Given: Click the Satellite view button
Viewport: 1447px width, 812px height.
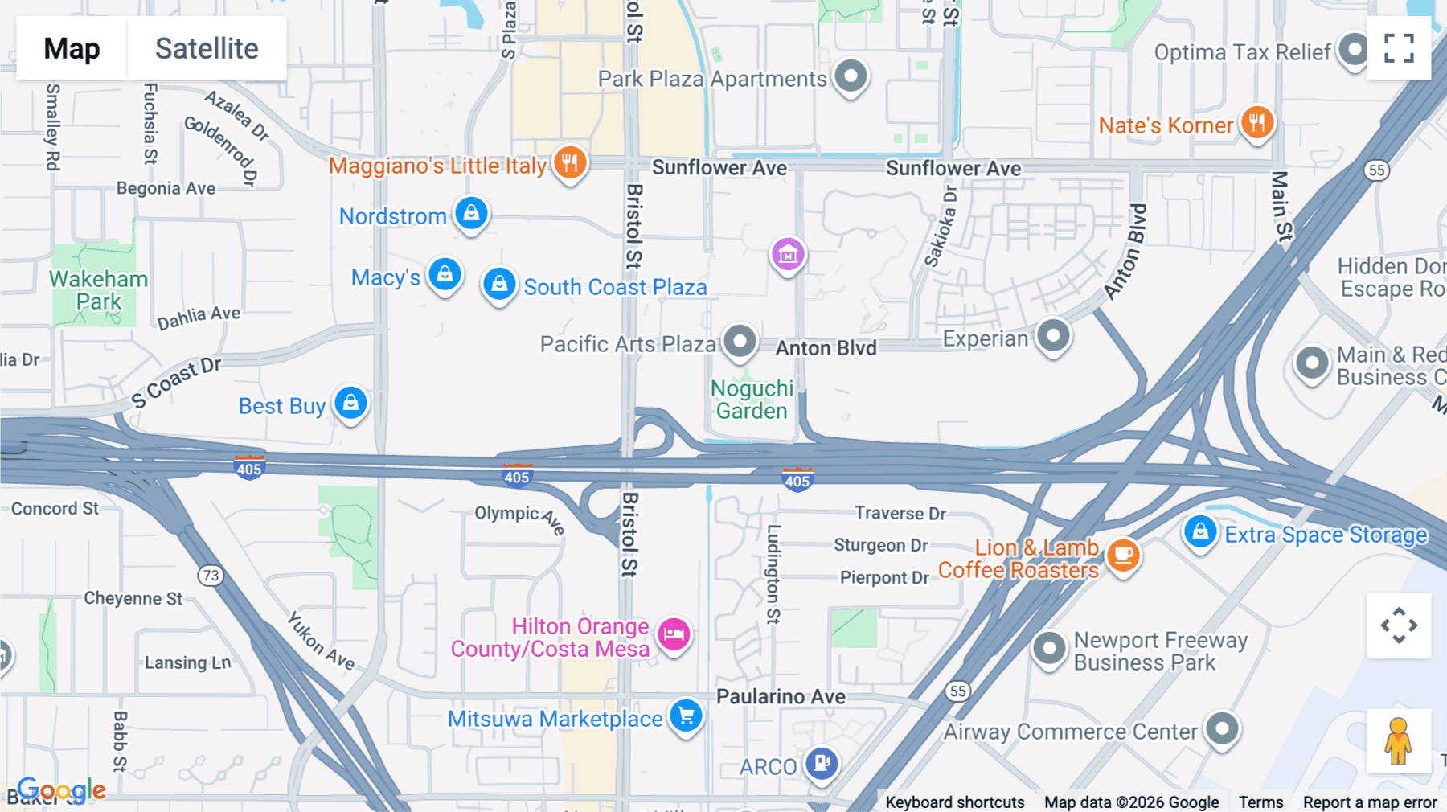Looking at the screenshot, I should click(207, 48).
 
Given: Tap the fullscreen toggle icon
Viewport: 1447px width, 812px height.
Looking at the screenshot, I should click(1399, 48).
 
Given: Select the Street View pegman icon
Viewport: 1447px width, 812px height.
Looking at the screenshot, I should click(1398, 741).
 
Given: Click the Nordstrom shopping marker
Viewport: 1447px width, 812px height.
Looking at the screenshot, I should click(471, 213).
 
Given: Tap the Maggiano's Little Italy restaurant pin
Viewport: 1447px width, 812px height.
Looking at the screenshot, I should click(570, 162).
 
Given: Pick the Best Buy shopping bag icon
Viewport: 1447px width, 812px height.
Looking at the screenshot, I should click(351, 403).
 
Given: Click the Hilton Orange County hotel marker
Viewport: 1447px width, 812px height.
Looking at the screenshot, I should click(674, 634).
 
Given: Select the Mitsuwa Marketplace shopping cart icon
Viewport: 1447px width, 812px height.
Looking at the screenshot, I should click(686, 715).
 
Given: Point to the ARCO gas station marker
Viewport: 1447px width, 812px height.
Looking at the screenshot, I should click(822, 762).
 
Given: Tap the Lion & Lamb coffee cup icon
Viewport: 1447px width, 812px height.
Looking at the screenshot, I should click(1123, 554).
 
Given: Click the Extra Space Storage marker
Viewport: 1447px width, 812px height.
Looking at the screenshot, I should click(1200, 531).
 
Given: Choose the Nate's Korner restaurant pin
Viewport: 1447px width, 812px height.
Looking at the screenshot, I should click(1257, 123).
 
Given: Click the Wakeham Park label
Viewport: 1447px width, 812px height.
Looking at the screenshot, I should click(99, 290).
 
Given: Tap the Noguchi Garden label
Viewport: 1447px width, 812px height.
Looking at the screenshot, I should click(752, 400).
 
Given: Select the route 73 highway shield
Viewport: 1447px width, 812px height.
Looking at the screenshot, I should click(211, 576).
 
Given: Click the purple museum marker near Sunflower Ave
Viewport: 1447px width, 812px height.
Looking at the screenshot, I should click(788, 254).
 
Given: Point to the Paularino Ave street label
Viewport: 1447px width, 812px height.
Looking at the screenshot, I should click(781, 696).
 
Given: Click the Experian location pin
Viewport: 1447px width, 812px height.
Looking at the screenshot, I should click(1053, 335).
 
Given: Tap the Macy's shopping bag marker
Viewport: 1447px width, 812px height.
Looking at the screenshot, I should click(445, 274).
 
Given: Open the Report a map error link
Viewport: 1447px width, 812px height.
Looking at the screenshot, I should click(1370, 802).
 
